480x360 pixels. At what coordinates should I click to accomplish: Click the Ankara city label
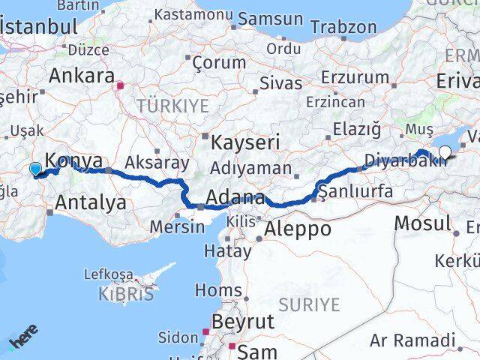pos(81,76)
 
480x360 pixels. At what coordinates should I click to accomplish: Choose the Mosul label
pos(421,222)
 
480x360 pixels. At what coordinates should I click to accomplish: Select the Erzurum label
pos(355,76)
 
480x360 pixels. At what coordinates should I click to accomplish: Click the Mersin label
pos(177,226)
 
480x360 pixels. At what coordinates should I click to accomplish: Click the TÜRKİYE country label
pos(172,106)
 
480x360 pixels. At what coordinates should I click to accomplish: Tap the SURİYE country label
pos(309,304)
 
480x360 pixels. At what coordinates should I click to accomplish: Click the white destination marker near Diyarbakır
pos(445,153)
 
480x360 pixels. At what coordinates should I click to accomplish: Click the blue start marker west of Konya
pos(35,170)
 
